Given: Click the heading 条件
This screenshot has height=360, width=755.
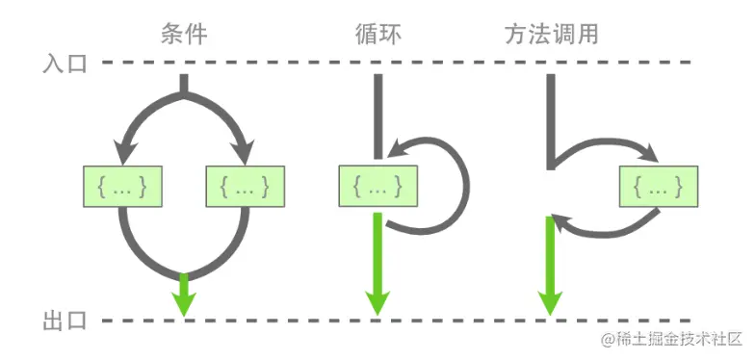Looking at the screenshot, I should pyautogui.click(x=183, y=35).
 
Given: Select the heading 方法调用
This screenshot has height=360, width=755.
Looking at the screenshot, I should pyautogui.click(x=551, y=35).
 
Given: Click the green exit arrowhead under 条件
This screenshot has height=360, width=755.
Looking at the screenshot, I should pyautogui.click(x=184, y=302).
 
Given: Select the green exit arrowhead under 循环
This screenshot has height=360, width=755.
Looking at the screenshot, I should pyautogui.click(x=377, y=300).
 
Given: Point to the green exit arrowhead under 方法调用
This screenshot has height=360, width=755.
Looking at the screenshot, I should pyautogui.click(x=550, y=300).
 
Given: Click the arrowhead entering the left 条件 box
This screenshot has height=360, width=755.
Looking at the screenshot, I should pyautogui.click(x=122, y=154).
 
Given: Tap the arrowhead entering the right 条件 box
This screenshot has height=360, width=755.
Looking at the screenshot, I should pyautogui.click(x=245, y=154).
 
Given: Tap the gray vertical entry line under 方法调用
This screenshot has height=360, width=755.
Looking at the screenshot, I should pyautogui.click(x=550, y=116).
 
